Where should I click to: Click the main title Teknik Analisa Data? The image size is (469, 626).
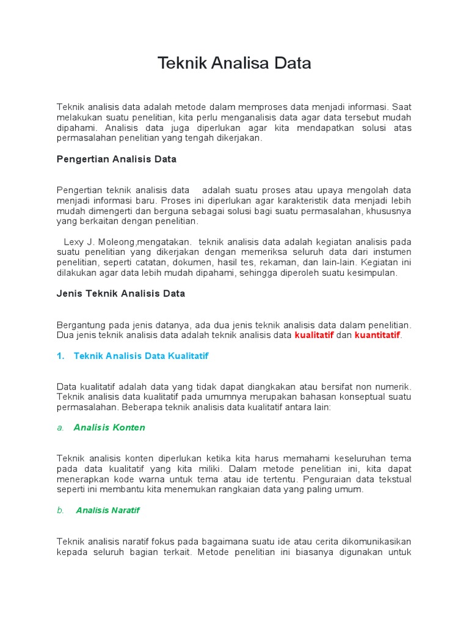tap(234, 63)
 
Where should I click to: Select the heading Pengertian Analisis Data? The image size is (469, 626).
tap(116, 159)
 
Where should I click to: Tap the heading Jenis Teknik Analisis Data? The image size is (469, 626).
tap(120, 293)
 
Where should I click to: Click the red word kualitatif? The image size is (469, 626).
tap(314, 335)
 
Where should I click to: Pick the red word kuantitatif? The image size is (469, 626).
tap(377, 335)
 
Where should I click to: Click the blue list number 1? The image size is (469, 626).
tap(60, 356)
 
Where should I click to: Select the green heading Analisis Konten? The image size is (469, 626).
tap(109, 427)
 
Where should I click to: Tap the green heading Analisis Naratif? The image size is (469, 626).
tap(108, 510)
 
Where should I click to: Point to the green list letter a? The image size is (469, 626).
tap(60, 427)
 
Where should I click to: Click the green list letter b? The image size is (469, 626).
tap(60, 510)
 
